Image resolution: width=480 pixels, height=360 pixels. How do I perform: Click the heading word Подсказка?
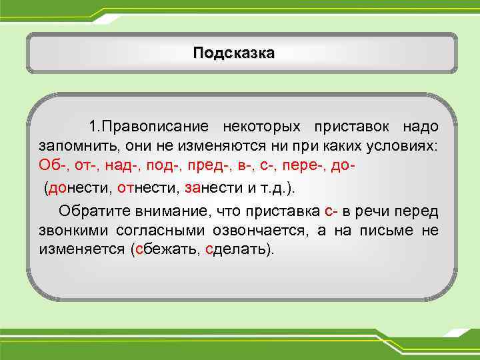[x=233, y=53]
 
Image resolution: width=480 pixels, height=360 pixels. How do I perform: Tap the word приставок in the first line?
[x=349, y=127]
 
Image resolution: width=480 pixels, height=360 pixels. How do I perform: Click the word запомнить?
[x=74, y=146]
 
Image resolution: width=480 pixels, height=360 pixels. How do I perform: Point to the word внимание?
[x=169, y=211]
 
